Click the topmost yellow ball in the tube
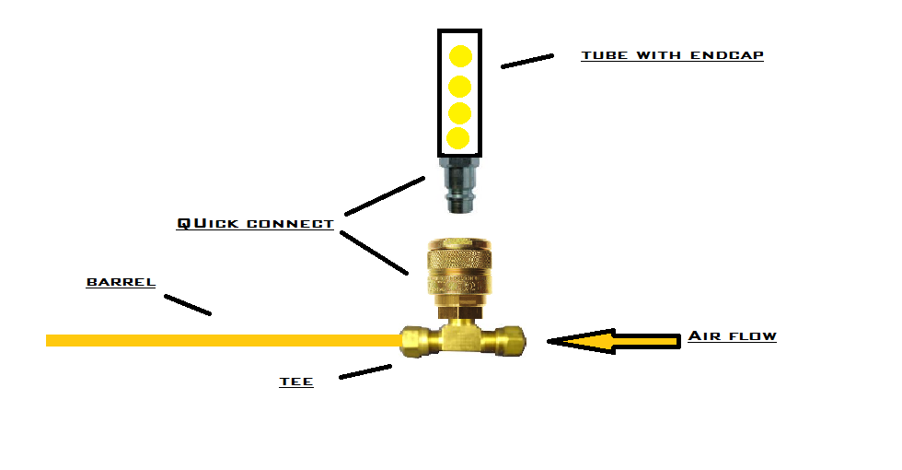pyautogui.click(x=460, y=56)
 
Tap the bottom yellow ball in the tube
pyautogui.click(x=458, y=138)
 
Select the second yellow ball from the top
pyautogui.click(x=460, y=87)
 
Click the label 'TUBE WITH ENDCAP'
pyautogui.click(x=672, y=55)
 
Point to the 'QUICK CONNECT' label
pyautogui.click(x=255, y=223)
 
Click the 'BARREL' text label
pyautogui.click(x=121, y=282)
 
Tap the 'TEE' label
pyautogui.click(x=296, y=382)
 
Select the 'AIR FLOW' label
pyautogui.click(x=732, y=336)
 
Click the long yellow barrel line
pyautogui.click(x=221, y=340)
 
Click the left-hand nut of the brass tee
pyautogui.click(x=415, y=340)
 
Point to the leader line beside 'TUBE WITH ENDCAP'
pyautogui.click(x=527, y=61)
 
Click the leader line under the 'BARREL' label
pyautogui.click(x=188, y=305)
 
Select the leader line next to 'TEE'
pyautogui.click(x=365, y=370)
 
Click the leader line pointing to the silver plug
pyautogui.click(x=384, y=195)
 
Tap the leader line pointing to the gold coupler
pyautogui.click(x=374, y=253)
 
